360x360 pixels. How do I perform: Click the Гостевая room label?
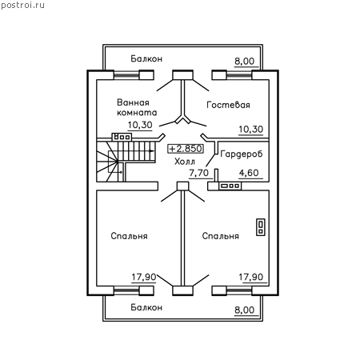pyautogui.click(x=228, y=105)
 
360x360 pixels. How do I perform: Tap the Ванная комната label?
pyautogui.click(x=137, y=107)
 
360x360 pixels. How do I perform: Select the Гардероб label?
pyautogui.click(x=242, y=154)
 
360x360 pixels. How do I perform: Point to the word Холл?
pyautogui.click(x=185, y=162)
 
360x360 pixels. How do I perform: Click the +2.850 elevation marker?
pyautogui.click(x=186, y=149)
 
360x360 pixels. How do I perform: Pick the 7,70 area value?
pyautogui.click(x=198, y=173)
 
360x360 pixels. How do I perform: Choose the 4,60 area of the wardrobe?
pyautogui.click(x=249, y=173)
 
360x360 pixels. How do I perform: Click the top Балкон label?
pyautogui.click(x=146, y=58)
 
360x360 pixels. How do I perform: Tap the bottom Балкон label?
pyautogui.click(x=146, y=307)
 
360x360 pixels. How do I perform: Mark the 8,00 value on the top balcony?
pyautogui.click(x=245, y=62)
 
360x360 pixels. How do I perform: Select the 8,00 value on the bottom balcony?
pyautogui.click(x=245, y=310)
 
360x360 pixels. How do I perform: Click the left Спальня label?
pyautogui.click(x=129, y=236)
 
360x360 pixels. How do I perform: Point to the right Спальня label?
pyautogui.click(x=221, y=236)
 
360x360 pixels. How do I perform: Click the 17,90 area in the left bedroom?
pyautogui.click(x=144, y=278)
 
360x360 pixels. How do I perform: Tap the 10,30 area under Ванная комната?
pyautogui.click(x=140, y=125)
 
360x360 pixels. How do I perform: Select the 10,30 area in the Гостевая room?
pyautogui.click(x=250, y=130)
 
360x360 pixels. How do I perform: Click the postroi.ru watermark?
pyautogui.click(x=22, y=6)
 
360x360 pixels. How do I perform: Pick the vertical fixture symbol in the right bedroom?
pyautogui.click(x=261, y=227)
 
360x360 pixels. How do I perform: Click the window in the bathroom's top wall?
pyautogui.click(x=126, y=75)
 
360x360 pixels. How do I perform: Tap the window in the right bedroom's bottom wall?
pyautogui.click(x=239, y=290)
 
